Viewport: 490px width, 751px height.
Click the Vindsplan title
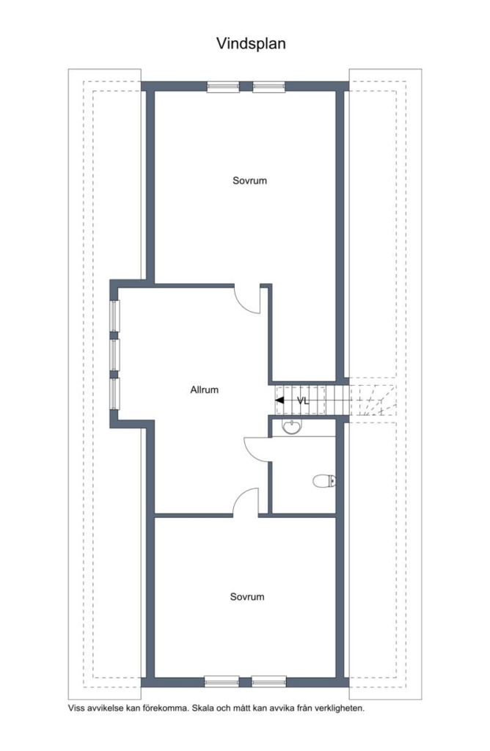coord(251,43)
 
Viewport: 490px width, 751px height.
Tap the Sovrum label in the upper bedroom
coord(249,180)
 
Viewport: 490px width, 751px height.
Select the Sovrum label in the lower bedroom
coord(247,597)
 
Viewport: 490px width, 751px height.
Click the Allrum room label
coord(204,390)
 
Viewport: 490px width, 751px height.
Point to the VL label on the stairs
coord(303,401)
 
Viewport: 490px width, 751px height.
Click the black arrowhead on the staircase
coord(279,400)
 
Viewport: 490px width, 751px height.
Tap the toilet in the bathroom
coord(324,480)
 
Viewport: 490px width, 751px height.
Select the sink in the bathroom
coord(291,426)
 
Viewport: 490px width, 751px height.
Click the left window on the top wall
coord(223,87)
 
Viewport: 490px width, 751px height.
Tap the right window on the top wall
coord(268,87)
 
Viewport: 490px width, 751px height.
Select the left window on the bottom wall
coord(222,681)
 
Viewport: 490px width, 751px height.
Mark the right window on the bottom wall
coord(268,681)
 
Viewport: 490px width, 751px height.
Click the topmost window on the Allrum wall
coord(114,315)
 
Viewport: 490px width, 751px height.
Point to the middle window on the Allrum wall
coord(114,355)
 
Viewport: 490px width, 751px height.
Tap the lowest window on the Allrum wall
coord(114,394)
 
